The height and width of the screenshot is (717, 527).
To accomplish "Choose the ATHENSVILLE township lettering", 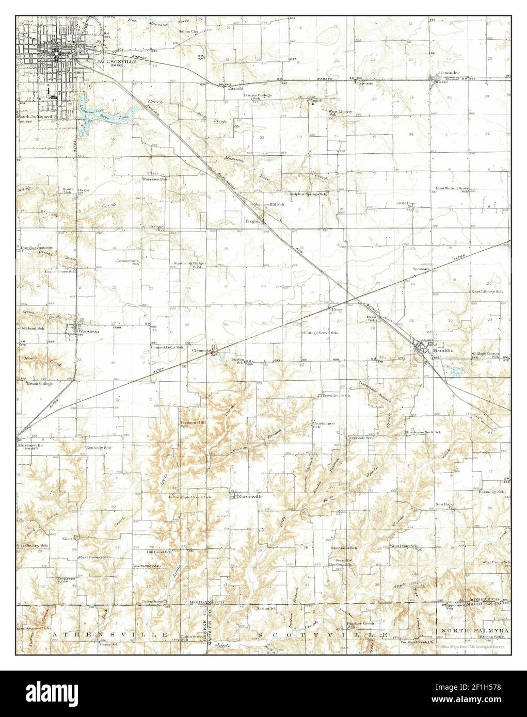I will coord(108,633).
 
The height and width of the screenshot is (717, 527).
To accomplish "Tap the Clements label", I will coord(201,350).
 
